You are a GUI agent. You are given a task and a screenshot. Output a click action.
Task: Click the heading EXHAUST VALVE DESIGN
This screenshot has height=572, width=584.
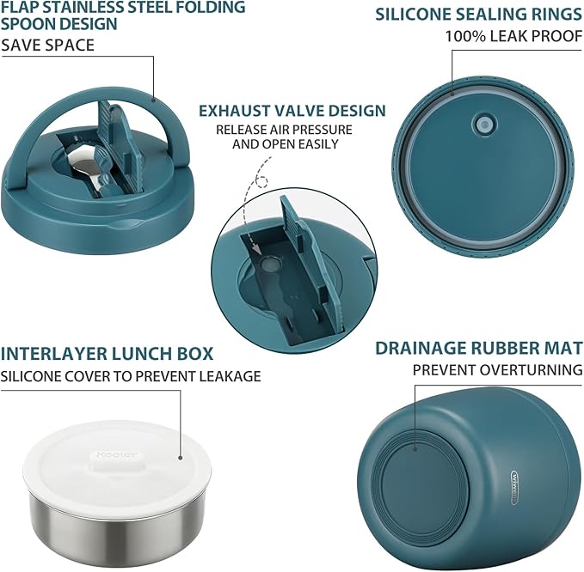pos(292,111)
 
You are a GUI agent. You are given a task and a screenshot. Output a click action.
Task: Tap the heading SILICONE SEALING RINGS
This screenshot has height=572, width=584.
pos(479,15)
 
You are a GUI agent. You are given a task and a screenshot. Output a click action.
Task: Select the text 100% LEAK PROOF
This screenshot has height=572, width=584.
pos(513,37)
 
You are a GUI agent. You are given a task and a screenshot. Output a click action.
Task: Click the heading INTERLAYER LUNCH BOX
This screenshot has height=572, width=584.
pos(108,354)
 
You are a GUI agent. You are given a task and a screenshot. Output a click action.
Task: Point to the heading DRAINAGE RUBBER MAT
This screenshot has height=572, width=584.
pos(479,348)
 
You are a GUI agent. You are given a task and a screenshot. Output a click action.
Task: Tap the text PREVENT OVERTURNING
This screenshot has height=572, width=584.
pos(497,370)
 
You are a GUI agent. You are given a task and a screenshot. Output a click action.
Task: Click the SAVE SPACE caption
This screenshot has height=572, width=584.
pos(47,45)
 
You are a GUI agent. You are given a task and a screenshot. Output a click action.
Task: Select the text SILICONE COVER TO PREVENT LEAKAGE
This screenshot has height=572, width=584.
pos(131,376)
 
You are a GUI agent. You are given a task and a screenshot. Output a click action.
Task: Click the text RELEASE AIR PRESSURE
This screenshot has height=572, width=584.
pos(285,130)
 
